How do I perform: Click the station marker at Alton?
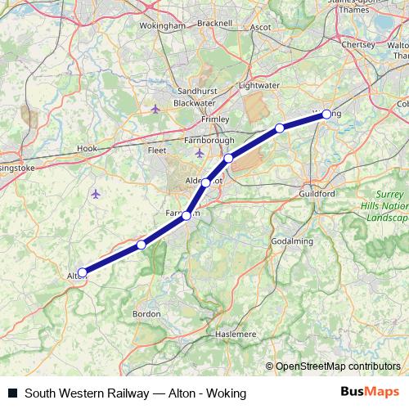point(82,272)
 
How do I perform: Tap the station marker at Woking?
point(326,115)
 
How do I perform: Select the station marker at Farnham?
point(187,216)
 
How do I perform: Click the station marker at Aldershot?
point(206,182)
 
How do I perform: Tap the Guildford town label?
point(317,194)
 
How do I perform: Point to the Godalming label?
point(292,241)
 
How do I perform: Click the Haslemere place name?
point(236,335)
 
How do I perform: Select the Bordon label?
point(146,313)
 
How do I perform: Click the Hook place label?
point(86,148)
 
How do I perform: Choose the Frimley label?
point(215,119)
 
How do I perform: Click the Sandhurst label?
point(194,93)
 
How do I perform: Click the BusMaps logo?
point(370,393)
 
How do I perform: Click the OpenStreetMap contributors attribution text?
point(338,366)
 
